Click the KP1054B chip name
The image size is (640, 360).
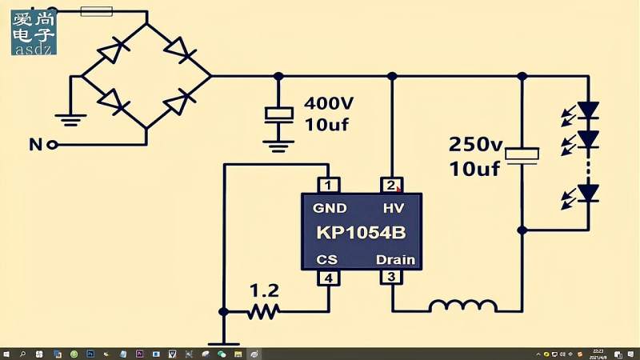(361, 234)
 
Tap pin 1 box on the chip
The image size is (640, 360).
(329, 185)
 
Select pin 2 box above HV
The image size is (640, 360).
(391, 185)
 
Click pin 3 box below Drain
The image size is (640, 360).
(391, 278)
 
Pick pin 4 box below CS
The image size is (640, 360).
(329, 278)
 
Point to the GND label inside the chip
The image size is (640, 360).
(330, 209)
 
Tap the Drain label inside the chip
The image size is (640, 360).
(395, 259)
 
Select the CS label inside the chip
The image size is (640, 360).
(326, 259)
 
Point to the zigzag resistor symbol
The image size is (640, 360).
(263, 310)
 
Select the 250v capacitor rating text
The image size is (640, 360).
(475, 145)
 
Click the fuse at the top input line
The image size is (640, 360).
(97, 11)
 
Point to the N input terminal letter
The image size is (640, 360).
(35, 145)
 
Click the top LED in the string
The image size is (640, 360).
(589, 110)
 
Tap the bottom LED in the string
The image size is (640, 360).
(589, 193)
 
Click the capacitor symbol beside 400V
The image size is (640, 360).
(278, 114)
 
